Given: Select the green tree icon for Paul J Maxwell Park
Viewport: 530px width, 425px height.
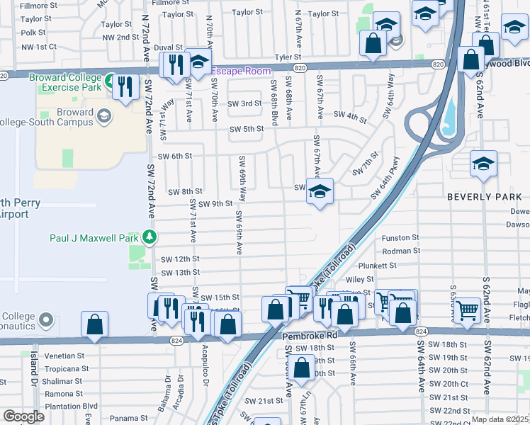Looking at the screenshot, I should pos(149,236).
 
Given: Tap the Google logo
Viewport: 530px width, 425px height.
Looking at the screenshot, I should pos(23,416).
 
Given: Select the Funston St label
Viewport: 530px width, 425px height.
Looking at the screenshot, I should pos(400,239).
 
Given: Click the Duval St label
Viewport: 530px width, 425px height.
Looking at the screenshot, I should pos(169,47).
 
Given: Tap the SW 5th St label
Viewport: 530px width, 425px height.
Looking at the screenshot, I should pos(246,128).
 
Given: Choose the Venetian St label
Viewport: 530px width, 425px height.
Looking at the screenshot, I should pos(64,356).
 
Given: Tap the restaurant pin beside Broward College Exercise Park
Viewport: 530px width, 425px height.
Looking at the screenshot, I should pos(125,87).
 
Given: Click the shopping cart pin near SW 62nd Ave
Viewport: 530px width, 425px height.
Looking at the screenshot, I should pos(467,309).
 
